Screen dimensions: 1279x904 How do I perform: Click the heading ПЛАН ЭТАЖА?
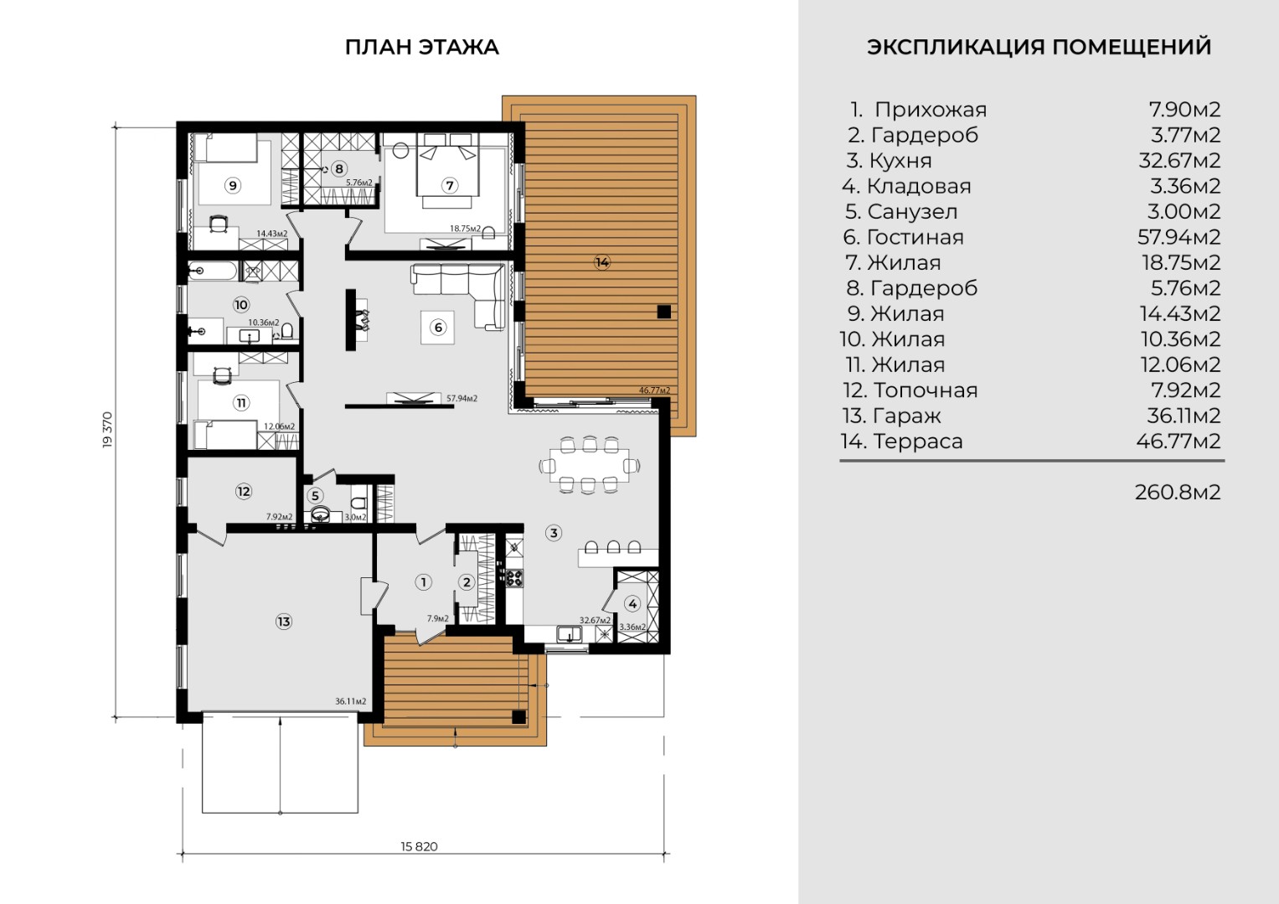pos(422,47)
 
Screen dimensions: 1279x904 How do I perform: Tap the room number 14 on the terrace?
pos(602,262)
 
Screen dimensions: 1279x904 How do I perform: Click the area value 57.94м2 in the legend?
pos(1179,237)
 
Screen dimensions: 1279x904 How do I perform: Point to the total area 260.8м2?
pos(1178,493)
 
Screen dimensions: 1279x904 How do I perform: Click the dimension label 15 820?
pos(419,846)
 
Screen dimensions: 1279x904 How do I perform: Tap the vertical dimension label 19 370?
pos(107,430)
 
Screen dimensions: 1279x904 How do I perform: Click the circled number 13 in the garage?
pos(284,622)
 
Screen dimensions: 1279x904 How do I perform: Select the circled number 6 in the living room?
pos(438,328)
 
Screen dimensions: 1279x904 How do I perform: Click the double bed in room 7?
pos(447,170)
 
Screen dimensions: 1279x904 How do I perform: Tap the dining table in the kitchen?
pos(590,466)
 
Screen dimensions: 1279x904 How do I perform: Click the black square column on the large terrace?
pos(663,312)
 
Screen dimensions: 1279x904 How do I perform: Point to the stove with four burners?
pos(514,578)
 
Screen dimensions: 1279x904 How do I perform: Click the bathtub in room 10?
pos(212,271)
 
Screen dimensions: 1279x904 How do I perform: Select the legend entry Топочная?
pos(910,390)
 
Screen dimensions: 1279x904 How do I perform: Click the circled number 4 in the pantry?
pos(632,603)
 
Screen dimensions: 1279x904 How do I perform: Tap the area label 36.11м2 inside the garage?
pos(351,701)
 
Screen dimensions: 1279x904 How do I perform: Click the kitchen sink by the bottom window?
pos(570,634)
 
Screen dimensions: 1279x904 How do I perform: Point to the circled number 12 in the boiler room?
pos(244,491)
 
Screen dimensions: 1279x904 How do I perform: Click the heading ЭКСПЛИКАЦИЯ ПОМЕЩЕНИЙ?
pos(1039,47)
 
